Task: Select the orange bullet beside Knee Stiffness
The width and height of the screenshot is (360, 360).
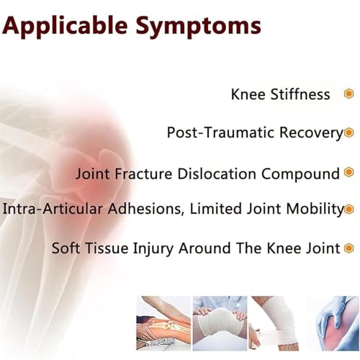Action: click(348, 94)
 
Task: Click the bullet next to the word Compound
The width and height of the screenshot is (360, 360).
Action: click(349, 174)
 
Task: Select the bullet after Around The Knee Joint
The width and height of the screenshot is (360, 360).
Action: click(350, 248)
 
